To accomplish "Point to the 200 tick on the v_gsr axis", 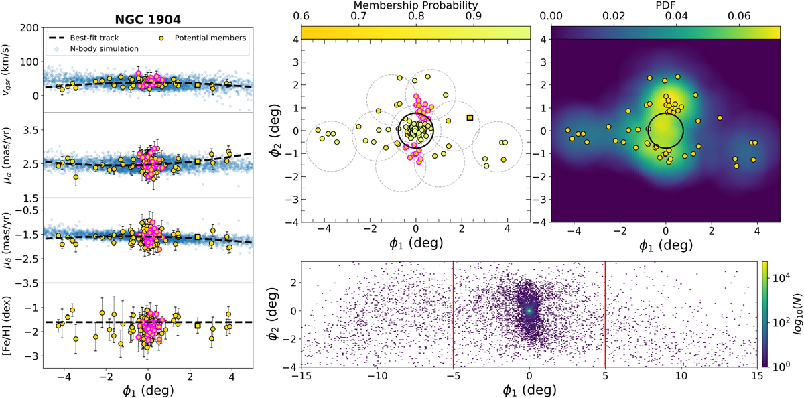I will pos(27,27).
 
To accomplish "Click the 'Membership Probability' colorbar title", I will pos(415,6).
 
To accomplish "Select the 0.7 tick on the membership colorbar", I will pos(358,16).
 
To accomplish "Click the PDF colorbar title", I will pos(665,6).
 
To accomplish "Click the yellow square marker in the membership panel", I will pos(470,118).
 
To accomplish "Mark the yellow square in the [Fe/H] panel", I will pos(198,325).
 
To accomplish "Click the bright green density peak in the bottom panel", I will pos(529,310).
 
